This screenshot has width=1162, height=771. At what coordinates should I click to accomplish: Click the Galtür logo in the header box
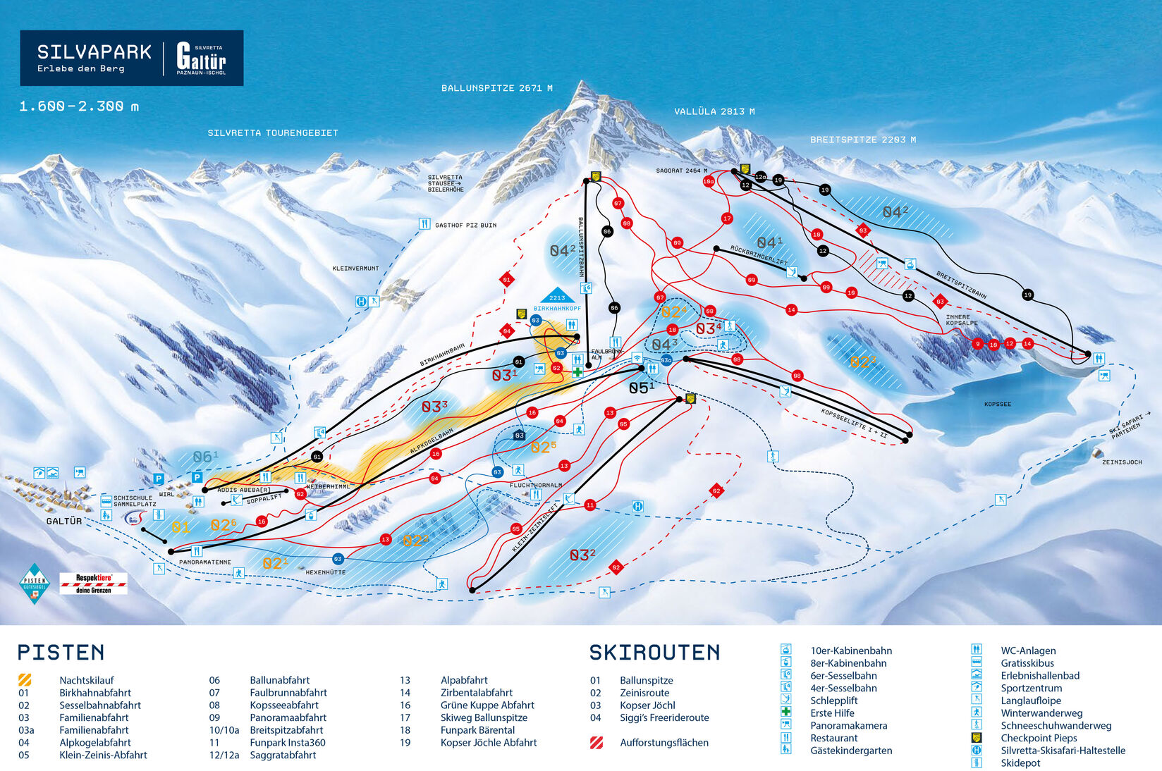(201, 58)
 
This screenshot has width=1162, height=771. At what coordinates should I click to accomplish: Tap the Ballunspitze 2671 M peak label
(496, 88)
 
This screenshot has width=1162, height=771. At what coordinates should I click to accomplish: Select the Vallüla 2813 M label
(714, 111)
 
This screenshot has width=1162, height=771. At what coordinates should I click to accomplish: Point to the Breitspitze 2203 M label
(862, 140)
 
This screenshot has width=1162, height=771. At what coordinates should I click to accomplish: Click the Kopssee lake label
(997, 404)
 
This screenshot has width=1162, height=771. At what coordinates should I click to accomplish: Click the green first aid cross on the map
(577, 372)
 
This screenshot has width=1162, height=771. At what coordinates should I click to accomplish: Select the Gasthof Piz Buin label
(465, 226)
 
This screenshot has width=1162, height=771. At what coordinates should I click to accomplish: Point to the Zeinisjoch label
(1122, 462)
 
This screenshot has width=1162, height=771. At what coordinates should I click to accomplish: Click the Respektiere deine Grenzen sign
(94, 583)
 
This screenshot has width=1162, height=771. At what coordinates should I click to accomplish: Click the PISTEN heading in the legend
(61, 653)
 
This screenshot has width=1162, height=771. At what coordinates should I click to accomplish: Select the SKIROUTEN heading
(654, 653)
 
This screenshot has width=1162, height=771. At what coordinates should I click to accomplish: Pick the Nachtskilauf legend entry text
(86, 680)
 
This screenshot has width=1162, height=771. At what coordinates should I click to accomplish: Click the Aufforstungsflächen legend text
(663, 742)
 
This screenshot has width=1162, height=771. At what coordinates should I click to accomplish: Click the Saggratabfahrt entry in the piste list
(283, 755)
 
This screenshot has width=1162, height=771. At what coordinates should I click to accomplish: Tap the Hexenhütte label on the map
(325, 572)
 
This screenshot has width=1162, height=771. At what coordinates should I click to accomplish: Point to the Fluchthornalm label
(535, 485)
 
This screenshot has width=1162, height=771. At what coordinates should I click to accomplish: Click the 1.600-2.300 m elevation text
(79, 106)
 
